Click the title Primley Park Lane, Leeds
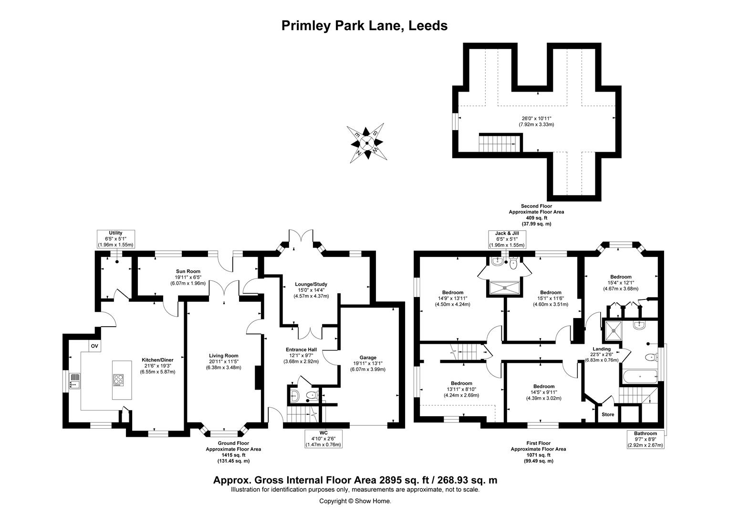pos(364,25)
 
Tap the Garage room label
pos(368,358)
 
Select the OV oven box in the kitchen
pos(94,346)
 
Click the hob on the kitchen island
pos(118,380)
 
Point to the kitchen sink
pos(74,380)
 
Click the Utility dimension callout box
pos(115,238)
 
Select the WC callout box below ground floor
pos(323,439)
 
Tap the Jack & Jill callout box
pos(507,239)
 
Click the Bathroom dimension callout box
pos(645,439)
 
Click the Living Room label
pos(223,356)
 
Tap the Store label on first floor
pos(607,414)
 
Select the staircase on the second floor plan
pos(499,143)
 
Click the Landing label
pos(601,349)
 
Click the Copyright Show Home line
pos(355,501)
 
